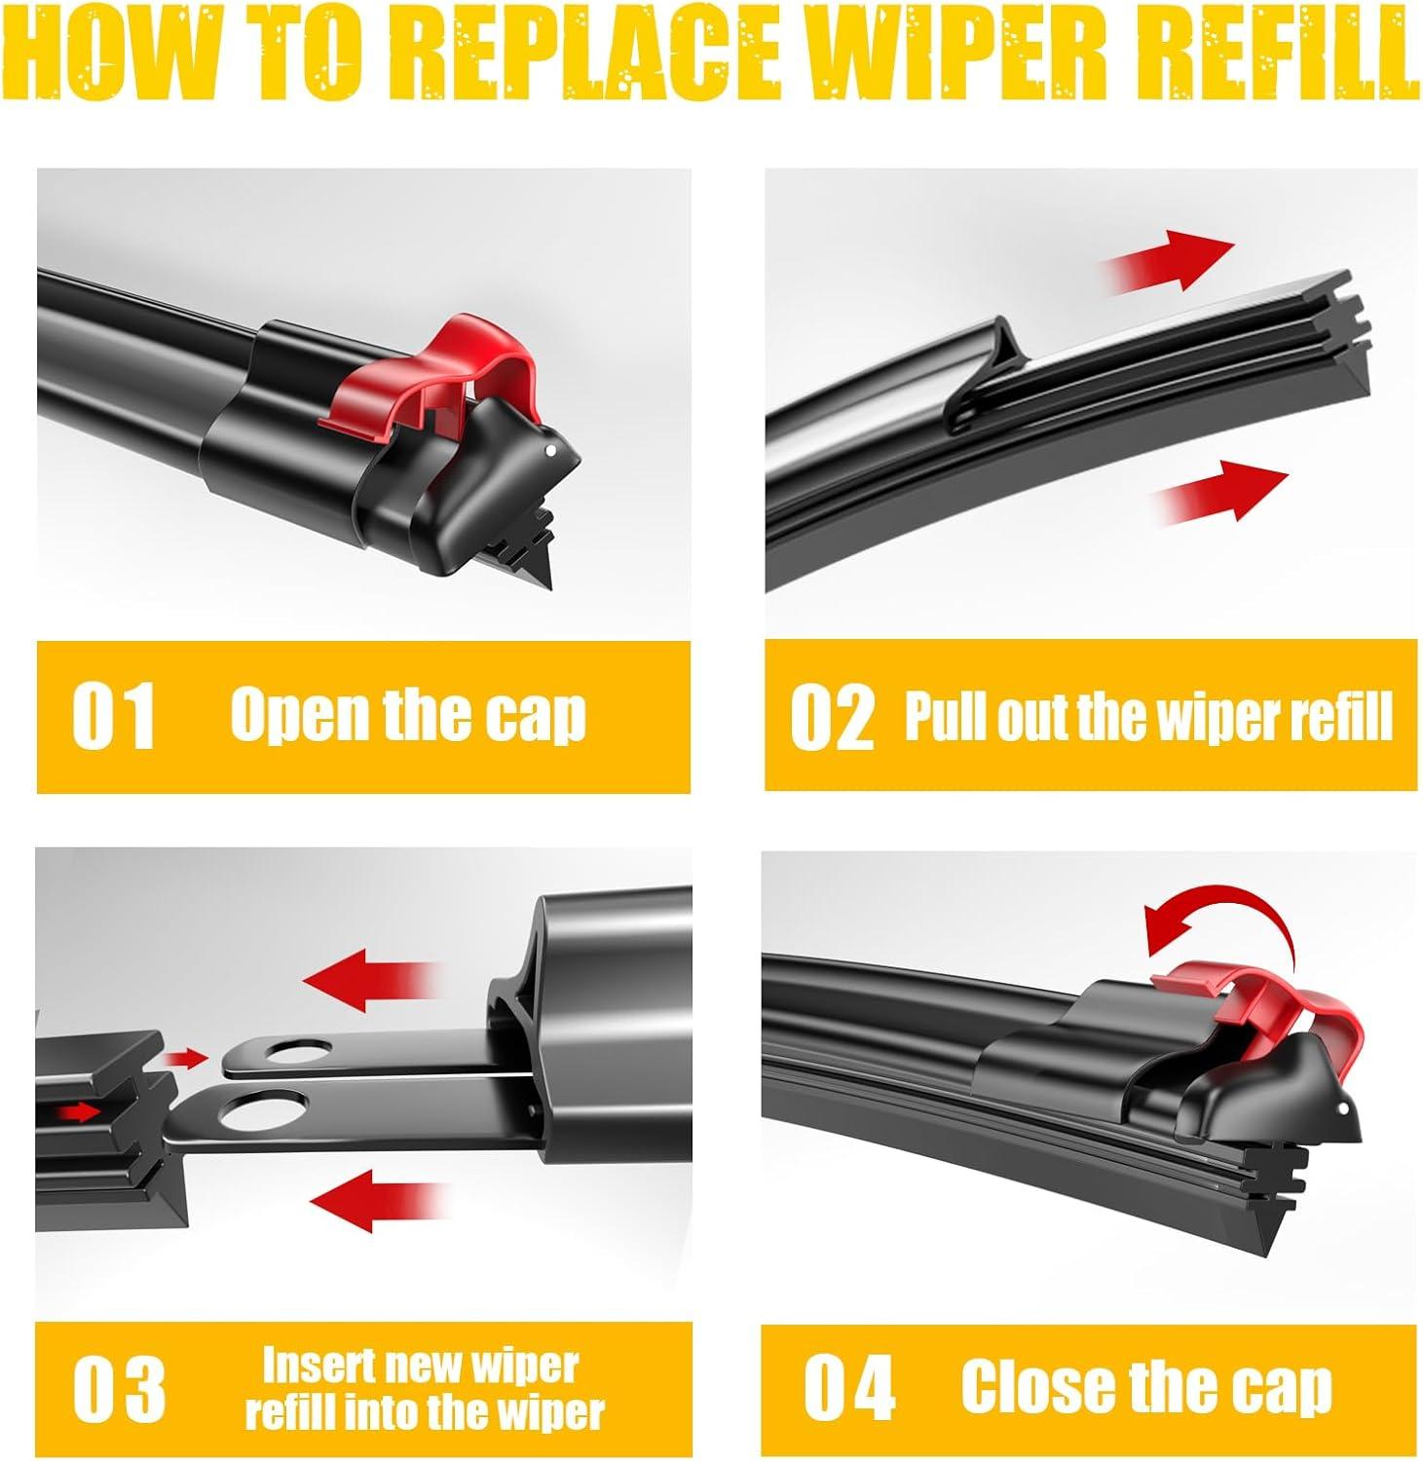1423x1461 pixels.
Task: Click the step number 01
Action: (115, 717)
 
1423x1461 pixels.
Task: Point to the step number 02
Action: (832, 717)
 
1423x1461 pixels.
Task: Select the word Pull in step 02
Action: (939, 717)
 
